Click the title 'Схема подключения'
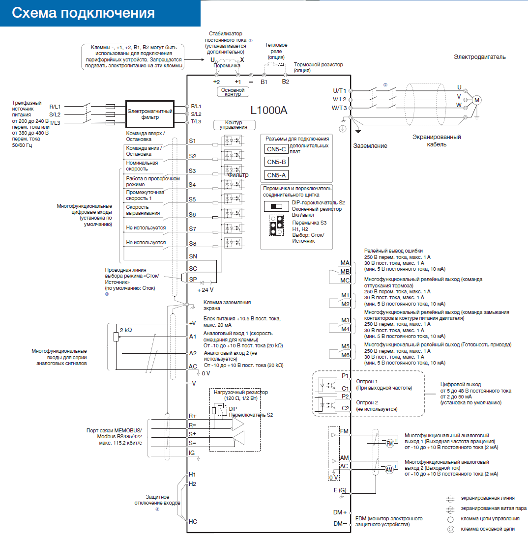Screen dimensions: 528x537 click(83, 13)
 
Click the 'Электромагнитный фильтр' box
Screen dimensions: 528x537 click(150, 114)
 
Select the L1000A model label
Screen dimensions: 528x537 click(268, 110)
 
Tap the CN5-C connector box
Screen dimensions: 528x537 click(276, 149)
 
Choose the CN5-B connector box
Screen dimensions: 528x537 click(276, 162)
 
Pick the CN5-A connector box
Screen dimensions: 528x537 click(276, 175)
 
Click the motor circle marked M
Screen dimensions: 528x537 click(476, 100)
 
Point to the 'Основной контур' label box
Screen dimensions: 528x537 click(233, 92)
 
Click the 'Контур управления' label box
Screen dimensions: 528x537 click(234, 125)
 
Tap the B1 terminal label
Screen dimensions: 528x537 click(264, 82)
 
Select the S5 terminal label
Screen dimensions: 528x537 click(192, 199)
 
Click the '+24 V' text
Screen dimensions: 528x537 click(205, 290)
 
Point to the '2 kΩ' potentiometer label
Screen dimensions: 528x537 click(126, 330)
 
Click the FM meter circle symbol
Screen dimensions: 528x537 click(389, 444)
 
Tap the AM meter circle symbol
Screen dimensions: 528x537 click(389, 470)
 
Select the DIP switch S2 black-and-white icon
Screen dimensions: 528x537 click(273, 206)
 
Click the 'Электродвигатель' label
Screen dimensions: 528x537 click(480, 57)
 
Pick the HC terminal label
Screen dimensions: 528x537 click(193, 522)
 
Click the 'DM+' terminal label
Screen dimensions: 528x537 click(340, 512)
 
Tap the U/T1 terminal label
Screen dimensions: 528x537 click(340, 91)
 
